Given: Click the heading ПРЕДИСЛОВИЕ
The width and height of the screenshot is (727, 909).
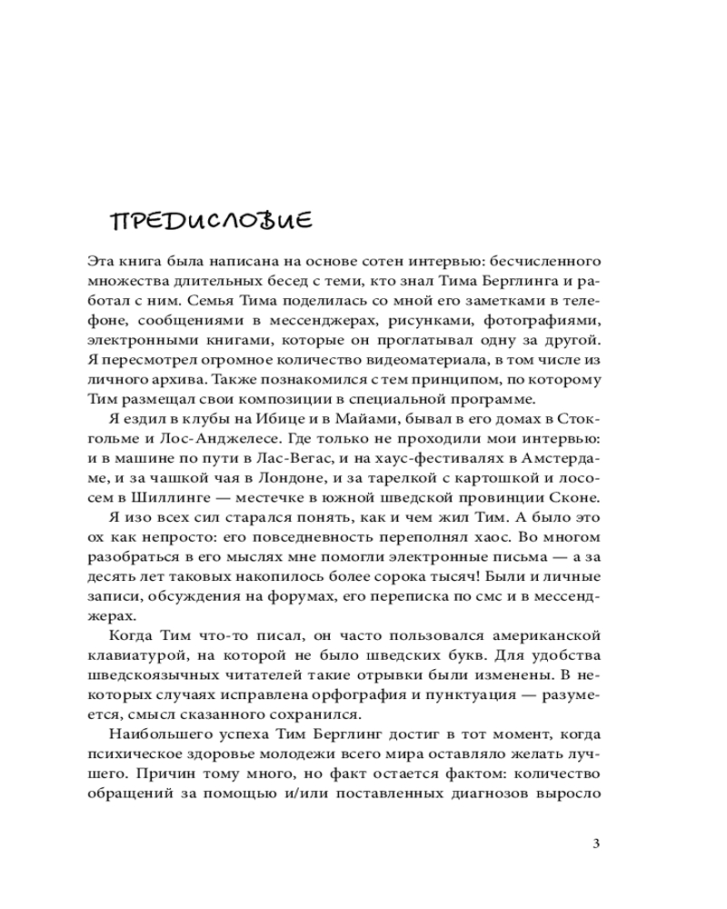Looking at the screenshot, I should pyautogui.click(x=211, y=221).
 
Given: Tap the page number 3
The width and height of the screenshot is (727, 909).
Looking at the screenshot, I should pyautogui.click(x=595, y=843).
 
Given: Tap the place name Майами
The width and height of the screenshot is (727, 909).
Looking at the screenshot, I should pyautogui.click(x=349, y=421).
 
